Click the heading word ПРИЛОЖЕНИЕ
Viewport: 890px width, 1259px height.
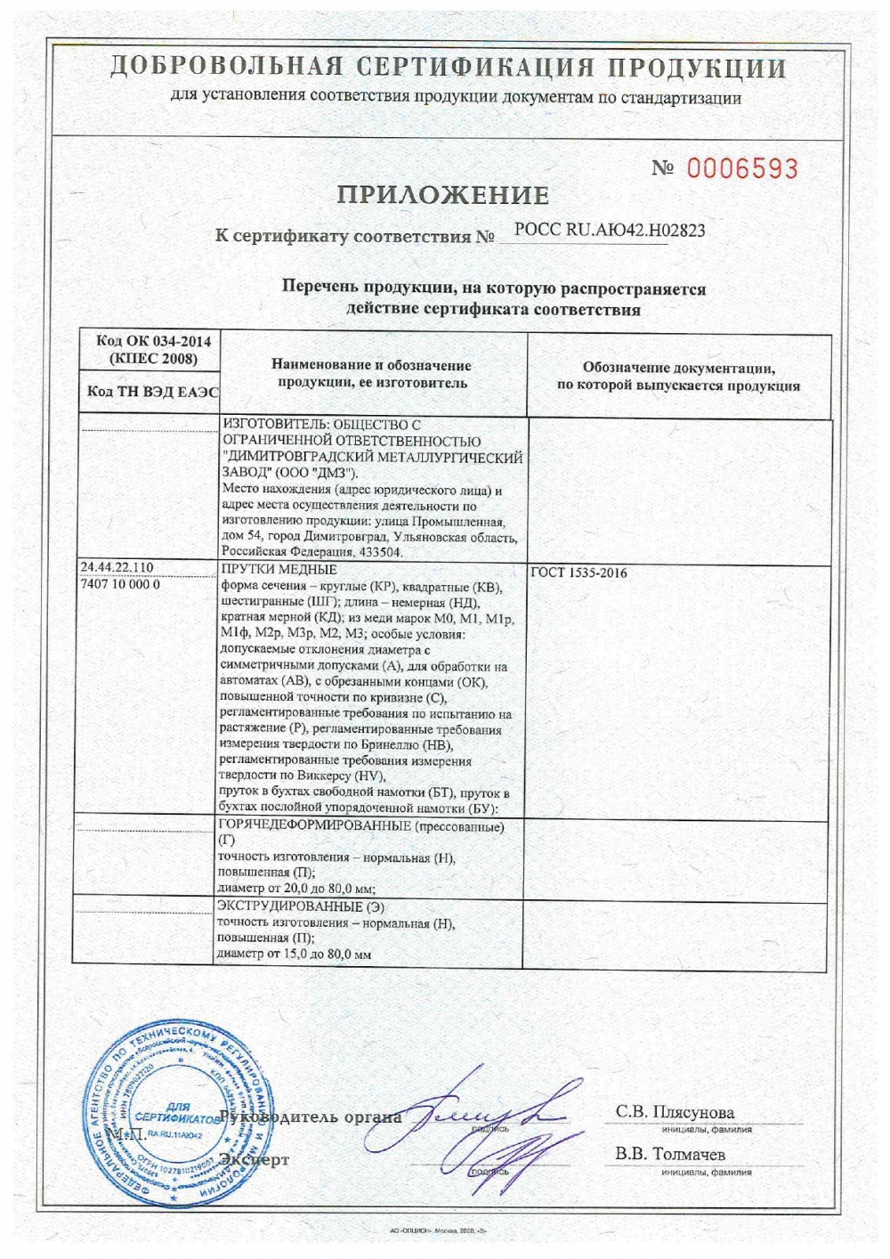tap(441, 194)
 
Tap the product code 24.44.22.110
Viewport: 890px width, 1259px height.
tap(117, 568)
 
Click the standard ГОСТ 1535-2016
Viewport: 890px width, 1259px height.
tap(578, 573)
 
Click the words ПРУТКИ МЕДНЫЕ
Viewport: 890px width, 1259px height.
tap(277, 570)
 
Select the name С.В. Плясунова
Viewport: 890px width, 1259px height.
tap(676, 1112)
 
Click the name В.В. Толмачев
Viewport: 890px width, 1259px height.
tap(671, 1154)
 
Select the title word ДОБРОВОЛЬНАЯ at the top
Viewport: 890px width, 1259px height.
tap(222, 68)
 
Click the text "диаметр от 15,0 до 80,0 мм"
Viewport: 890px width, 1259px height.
tap(294, 954)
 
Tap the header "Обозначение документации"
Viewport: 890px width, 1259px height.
tap(678, 369)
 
